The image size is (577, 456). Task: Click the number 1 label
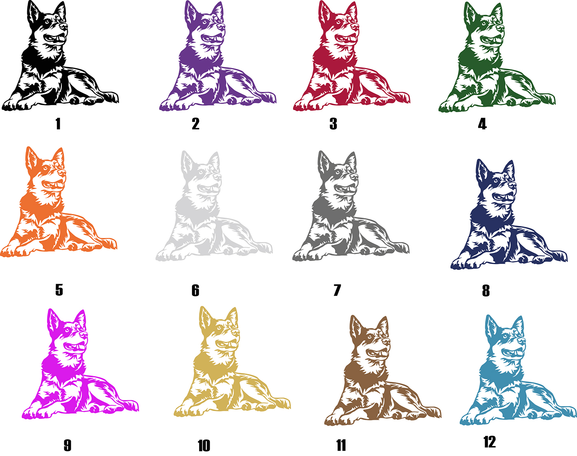[58, 124]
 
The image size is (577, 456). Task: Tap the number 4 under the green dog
[482, 124]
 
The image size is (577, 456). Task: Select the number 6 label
[195, 290]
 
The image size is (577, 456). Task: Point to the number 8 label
[486, 291]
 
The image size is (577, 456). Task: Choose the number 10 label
[204, 446]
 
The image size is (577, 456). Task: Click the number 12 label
[490, 442]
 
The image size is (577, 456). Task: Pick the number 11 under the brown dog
[341, 446]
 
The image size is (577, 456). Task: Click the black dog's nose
[64, 26]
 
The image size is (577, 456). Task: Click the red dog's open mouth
[347, 38]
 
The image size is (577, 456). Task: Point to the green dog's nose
[500, 27]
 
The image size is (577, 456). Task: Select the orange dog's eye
[46, 168]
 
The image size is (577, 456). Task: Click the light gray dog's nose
[218, 176]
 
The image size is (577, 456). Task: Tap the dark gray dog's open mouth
[346, 188]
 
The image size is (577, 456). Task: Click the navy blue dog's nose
[512, 185]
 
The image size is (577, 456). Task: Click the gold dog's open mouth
[228, 344]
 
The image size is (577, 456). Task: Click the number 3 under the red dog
[333, 124]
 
